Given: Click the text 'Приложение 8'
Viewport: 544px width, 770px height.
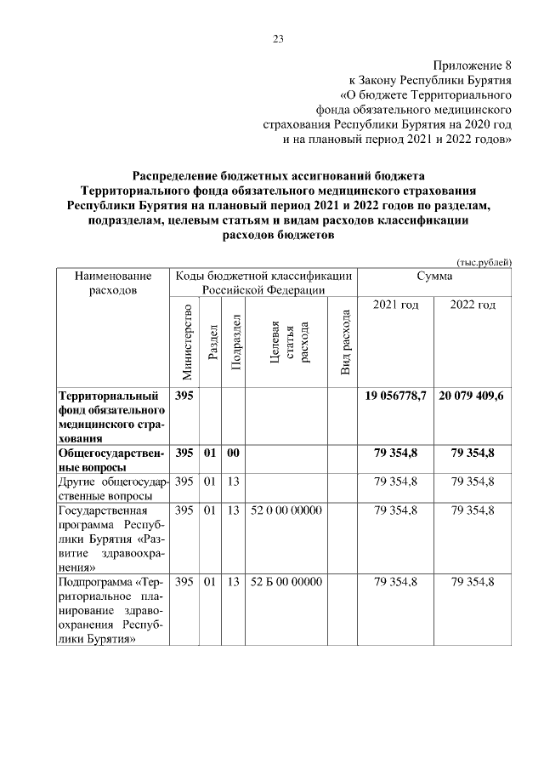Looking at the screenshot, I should [x=473, y=65].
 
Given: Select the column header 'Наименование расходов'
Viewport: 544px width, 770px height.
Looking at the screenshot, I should [x=113, y=283].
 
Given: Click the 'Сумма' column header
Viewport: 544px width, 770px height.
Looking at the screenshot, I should [x=434, y=277].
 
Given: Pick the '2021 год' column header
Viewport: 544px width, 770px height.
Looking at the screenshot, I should [x=395, y=305].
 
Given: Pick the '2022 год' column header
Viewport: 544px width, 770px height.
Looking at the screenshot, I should [x=473, y=305].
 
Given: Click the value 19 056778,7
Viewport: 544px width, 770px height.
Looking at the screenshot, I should [x=395, y=396].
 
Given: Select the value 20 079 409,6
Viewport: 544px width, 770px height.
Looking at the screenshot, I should [x=473, y=396].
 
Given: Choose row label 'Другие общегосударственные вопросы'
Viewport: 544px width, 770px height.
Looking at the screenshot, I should [x=113, y=489].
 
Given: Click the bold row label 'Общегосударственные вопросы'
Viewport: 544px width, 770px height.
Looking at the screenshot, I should [x=113, y=460].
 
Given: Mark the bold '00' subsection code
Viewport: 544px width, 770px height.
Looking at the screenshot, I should [x=235, y=453].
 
